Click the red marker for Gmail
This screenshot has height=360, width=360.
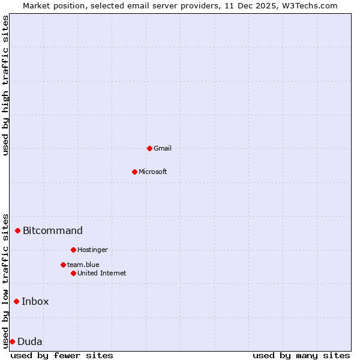coord(149,148)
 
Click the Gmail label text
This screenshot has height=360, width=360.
coord(162,148)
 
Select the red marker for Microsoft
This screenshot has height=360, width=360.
coord(134,172)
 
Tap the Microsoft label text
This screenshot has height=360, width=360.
coord(152,172)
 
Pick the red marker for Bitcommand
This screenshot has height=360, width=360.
coord(18,230)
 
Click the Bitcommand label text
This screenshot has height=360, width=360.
coord(53,230)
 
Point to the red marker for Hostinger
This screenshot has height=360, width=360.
coord(73,250)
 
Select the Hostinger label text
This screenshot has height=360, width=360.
coord(92,250)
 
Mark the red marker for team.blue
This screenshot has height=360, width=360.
coord(63,265)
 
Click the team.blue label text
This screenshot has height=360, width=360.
coord(83,265)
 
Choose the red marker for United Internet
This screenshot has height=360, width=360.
coord(73,273)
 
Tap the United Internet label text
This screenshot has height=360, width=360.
coord(101,273)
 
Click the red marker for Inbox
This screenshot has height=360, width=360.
coord(16,301)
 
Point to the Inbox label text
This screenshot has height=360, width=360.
coord(35,301)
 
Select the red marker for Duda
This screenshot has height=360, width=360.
coord(12,341)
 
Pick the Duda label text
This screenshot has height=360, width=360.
coord(30,342)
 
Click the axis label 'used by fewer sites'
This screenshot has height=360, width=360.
coord(62,355)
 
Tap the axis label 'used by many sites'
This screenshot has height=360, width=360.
coord(301,355)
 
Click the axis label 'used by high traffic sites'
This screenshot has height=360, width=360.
coord(6,85)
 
